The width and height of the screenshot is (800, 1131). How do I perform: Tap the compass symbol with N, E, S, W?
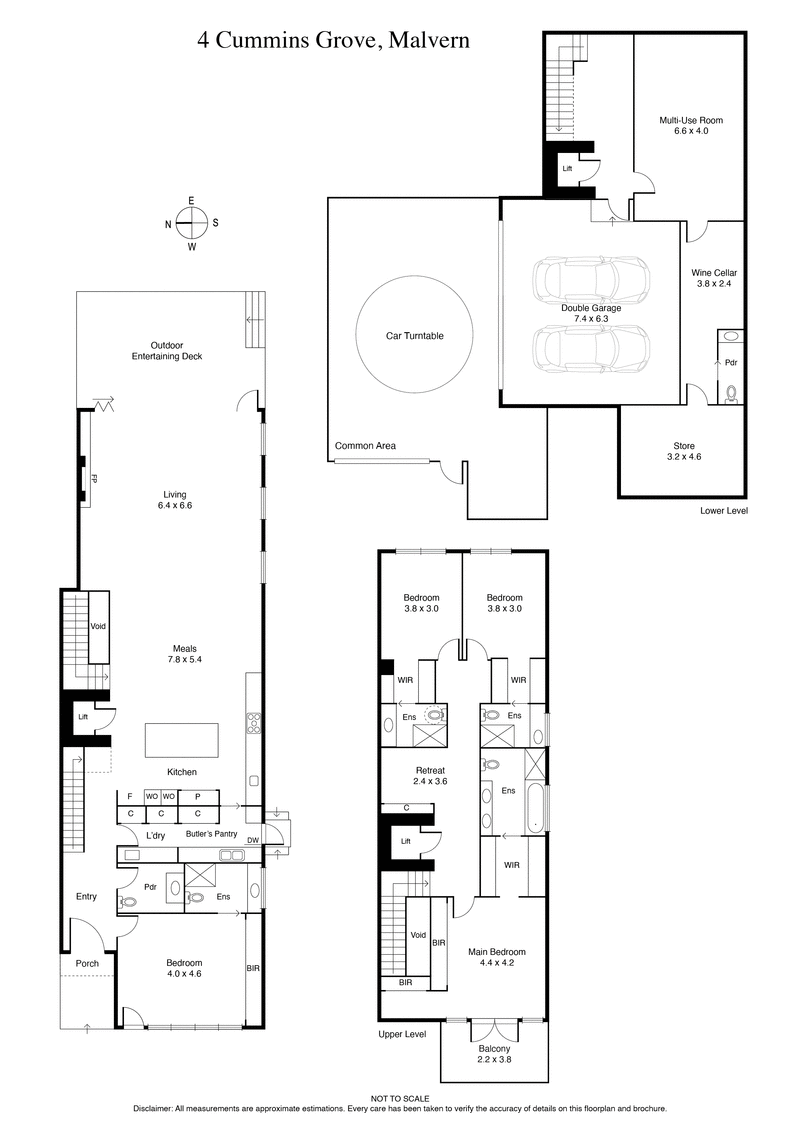coord(191,223)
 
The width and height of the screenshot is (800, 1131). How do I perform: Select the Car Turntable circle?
coord(414,336)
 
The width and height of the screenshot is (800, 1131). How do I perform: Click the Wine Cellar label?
coord(714,278)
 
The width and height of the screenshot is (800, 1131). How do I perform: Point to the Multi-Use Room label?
coord(690,125)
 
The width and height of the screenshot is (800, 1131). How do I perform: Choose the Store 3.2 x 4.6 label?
coord(684,451)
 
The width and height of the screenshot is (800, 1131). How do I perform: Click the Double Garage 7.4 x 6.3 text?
coord(591,313)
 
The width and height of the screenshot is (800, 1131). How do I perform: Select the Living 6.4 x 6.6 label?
coord(175,500)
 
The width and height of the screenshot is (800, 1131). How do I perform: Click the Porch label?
coord(87,964)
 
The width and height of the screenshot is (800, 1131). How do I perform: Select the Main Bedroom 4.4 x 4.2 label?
coord(497,957)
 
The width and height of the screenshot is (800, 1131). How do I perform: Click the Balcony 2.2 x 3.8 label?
coord(495,1054)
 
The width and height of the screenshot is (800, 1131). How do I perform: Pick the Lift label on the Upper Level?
coord(405,842)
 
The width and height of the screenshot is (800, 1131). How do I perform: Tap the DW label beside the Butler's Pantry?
coord(252,840)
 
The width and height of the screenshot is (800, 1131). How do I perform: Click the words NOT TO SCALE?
coord(399,1098)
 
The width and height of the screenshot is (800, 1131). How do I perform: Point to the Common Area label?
coord(361,446)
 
